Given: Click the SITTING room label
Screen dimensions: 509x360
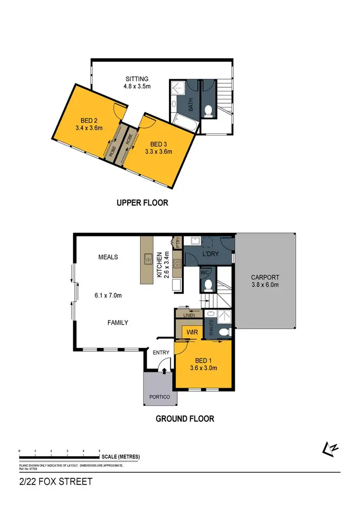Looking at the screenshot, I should tap(137, 79).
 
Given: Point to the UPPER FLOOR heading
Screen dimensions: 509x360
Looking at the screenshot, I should tap(143, 203).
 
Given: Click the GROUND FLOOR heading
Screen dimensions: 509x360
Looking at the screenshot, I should tap(185, 419).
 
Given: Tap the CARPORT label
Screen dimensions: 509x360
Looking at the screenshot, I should tap(265, 277).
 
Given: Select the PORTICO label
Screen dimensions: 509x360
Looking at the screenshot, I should tap(160, 397).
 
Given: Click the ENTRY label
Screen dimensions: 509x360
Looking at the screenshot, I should tap(161, 353).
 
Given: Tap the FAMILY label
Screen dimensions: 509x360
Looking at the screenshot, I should tap(118, 323).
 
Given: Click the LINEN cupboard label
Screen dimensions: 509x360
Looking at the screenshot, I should tap(190, 314).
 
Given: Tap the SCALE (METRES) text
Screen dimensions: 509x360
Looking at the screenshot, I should tap(120, 457).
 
